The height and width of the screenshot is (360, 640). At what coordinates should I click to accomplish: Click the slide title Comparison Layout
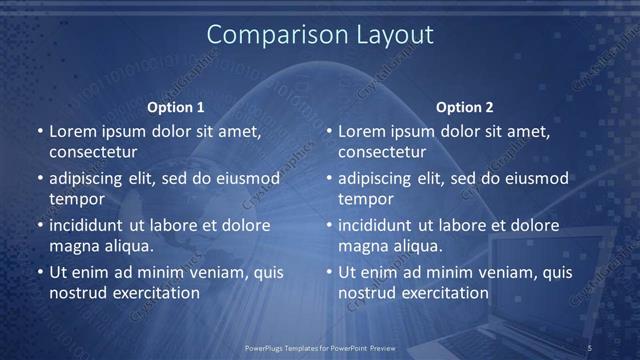320,35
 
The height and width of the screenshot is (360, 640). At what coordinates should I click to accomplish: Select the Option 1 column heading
176,107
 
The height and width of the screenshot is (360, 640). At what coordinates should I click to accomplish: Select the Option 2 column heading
465,107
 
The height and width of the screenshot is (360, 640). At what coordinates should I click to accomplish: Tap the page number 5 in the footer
589,347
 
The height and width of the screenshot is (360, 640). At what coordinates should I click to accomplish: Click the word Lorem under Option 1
72,131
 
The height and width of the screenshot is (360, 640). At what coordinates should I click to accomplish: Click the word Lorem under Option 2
362,131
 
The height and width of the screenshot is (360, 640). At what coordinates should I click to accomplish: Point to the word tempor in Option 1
77,200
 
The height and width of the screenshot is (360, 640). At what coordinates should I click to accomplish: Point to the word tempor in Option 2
367,200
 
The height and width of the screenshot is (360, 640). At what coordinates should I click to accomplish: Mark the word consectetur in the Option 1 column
93,153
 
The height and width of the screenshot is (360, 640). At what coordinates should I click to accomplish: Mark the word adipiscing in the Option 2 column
378,179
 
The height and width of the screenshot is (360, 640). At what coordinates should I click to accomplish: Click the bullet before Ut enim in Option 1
39,272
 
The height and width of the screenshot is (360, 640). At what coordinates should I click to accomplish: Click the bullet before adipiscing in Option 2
329,179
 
